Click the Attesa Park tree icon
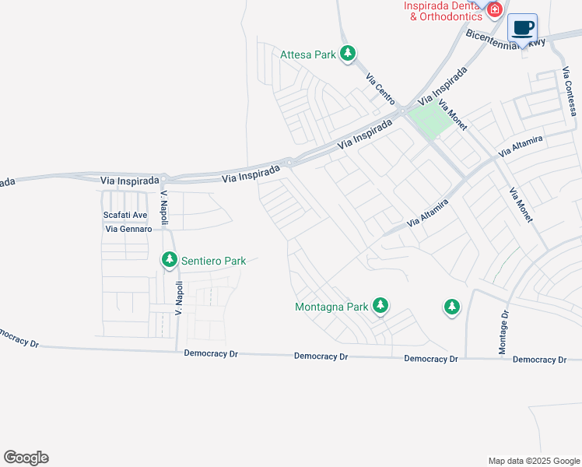click(348, 54)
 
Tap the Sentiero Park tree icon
click(170, 260)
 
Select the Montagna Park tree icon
click(380, 306)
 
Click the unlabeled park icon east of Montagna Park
click(451, 307)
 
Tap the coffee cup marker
click(522, 28)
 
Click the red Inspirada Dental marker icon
click(493, 9)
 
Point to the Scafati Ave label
click(125, 215)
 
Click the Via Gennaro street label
click(127, 229)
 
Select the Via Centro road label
click(380, 89)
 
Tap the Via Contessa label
click(570, 92)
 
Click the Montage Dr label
click(504, 332)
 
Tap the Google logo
click(26, 458)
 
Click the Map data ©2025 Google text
click(533, 461)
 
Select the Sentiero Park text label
click(213, 261)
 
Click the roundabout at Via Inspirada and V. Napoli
click(164, 178)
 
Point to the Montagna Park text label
click(331, 307)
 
